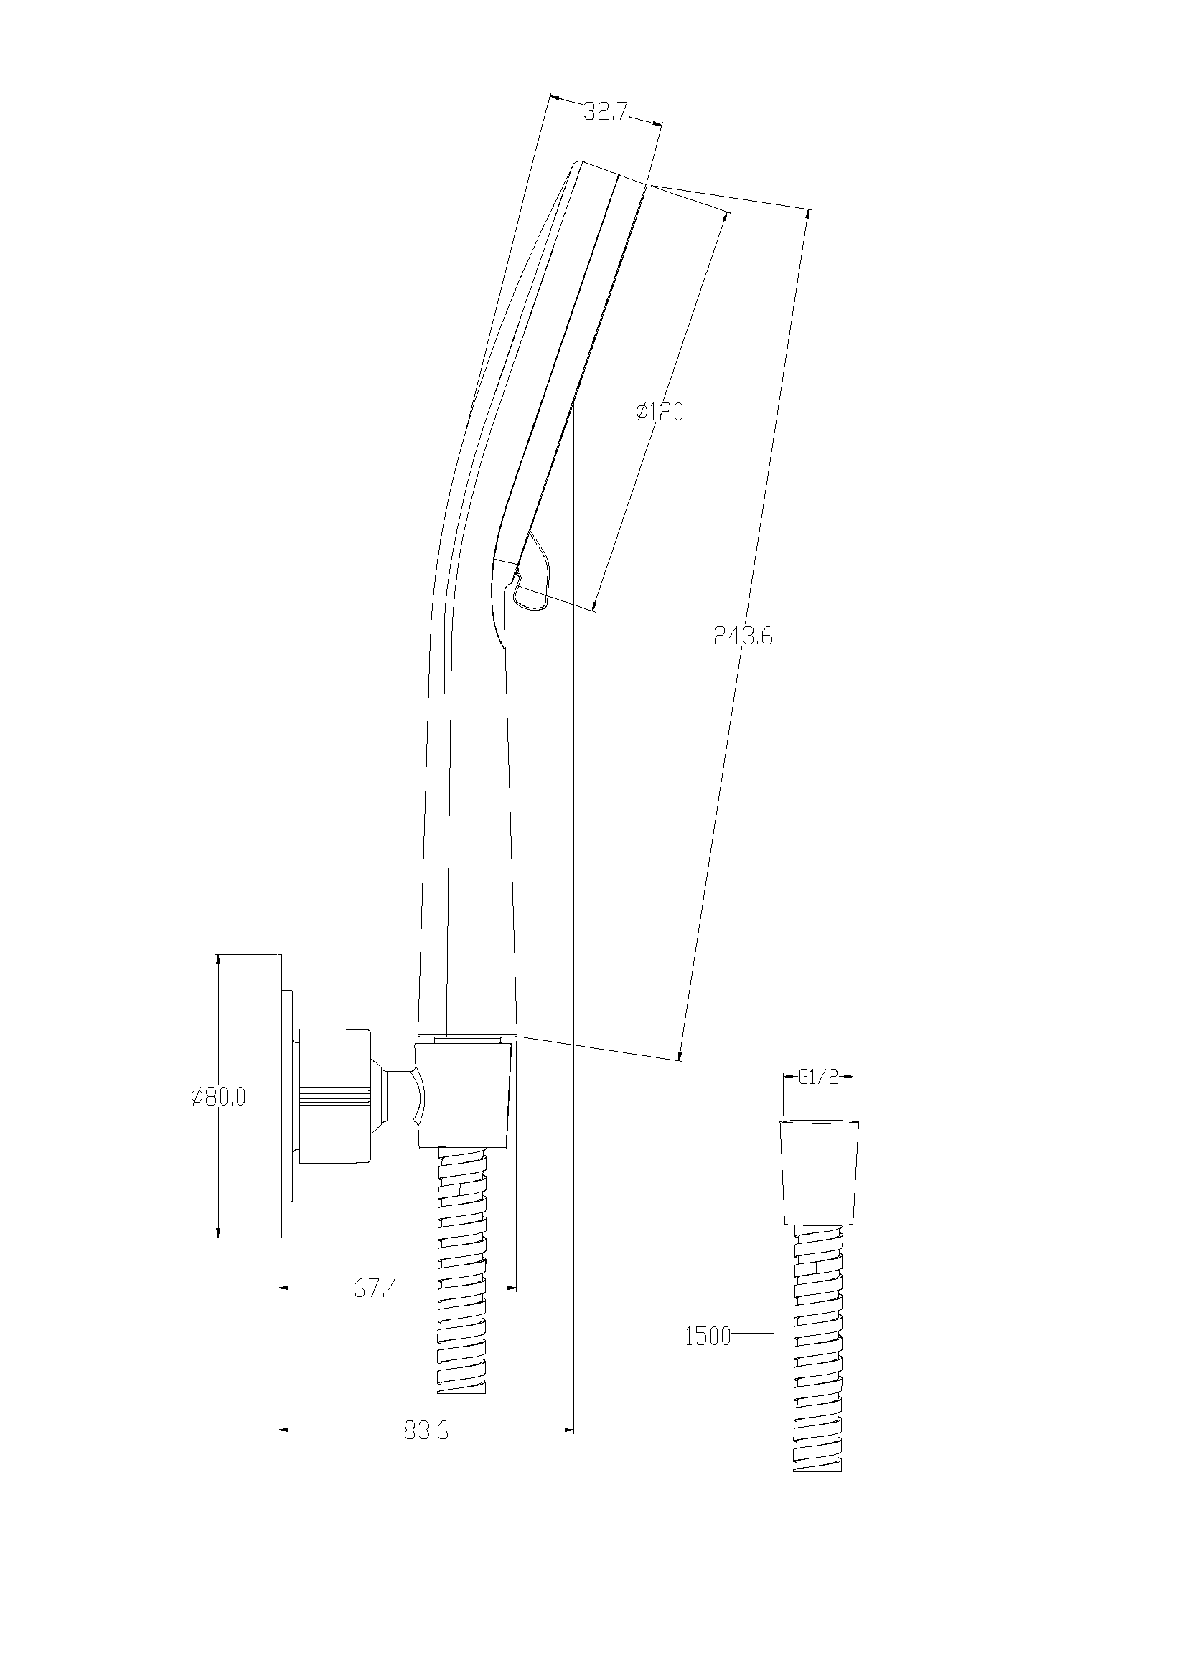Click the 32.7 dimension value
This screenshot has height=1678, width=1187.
606,112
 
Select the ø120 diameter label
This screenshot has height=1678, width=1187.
660,413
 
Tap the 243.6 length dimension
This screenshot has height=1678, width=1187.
743,636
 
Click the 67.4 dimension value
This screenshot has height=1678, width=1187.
375,1288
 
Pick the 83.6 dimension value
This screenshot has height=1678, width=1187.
426,1431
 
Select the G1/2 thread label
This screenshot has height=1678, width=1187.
818,1078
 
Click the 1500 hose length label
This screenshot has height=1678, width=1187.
708,1337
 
